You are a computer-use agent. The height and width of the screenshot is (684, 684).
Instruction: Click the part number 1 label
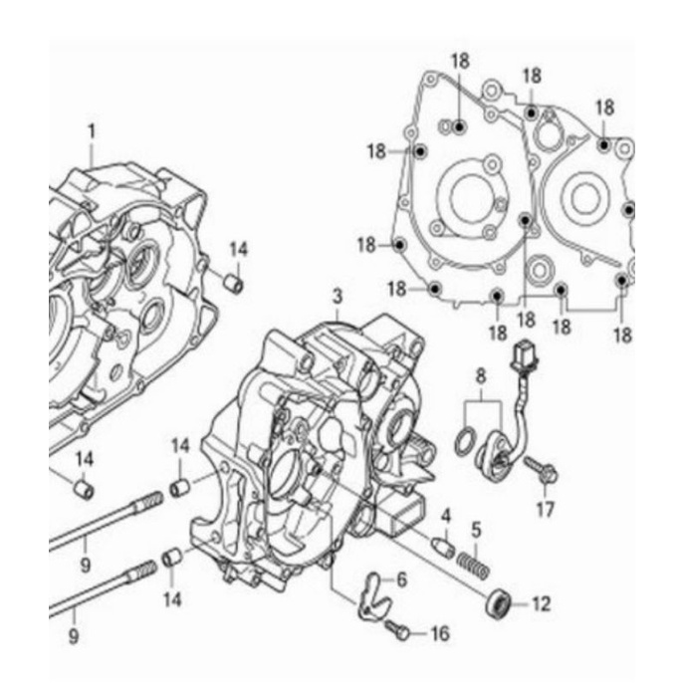coord(92,131)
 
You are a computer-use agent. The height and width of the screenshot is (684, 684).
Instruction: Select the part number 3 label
coord(338,297)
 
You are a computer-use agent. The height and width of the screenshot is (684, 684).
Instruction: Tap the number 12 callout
coord(541,604)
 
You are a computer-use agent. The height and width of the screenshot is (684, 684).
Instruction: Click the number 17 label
coord(546,509)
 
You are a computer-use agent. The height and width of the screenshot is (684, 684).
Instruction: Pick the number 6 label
coord(401,579)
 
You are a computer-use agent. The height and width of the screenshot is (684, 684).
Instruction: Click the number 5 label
coord(476,530)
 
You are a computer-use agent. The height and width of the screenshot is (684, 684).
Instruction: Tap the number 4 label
coord(446,516)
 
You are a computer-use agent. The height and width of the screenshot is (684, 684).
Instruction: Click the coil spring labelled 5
coord(474,564)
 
